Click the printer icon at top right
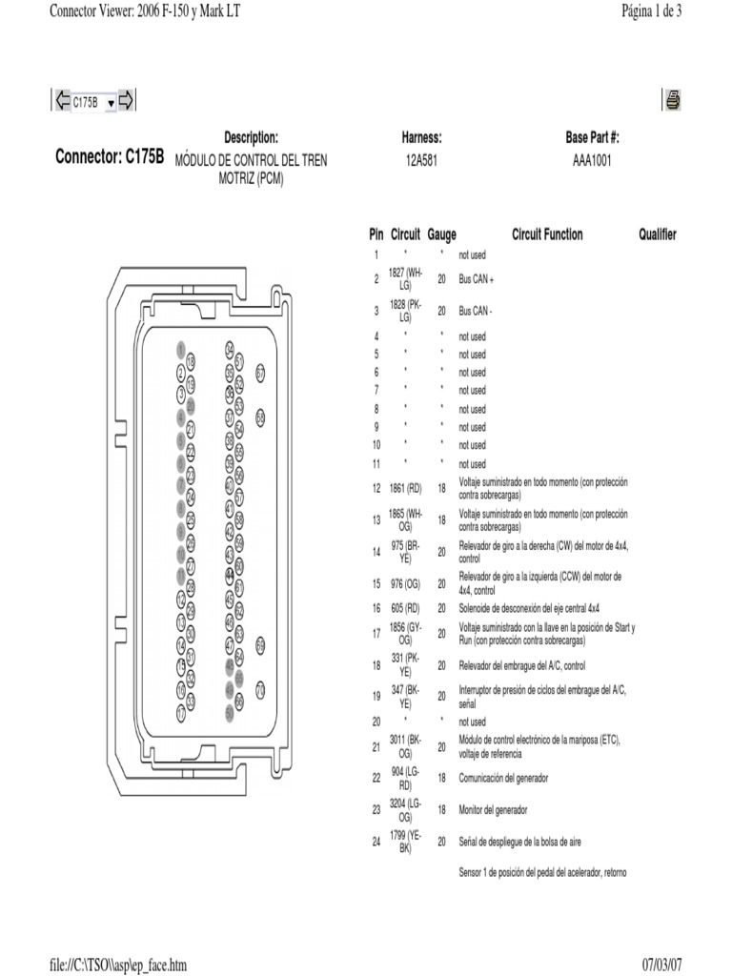click(672, 100)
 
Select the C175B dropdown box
click(93, 102)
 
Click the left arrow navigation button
click(62, 101)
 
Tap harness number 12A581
click(421, 160)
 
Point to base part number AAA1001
click(592, 160)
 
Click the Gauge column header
click(442, 234)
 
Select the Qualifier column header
click(658, 234)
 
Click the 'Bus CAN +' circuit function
click(477, 279)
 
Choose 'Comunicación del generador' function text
click(503, 779)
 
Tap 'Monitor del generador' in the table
click(493, 810)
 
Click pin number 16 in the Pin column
click(376, 607)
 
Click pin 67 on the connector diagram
click(260, 373)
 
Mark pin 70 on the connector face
click(260, 690)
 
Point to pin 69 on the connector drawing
click(260, 645)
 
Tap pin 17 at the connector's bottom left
click(180, 711)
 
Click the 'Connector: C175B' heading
click(110, 157)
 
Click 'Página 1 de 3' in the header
click(651, 10)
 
